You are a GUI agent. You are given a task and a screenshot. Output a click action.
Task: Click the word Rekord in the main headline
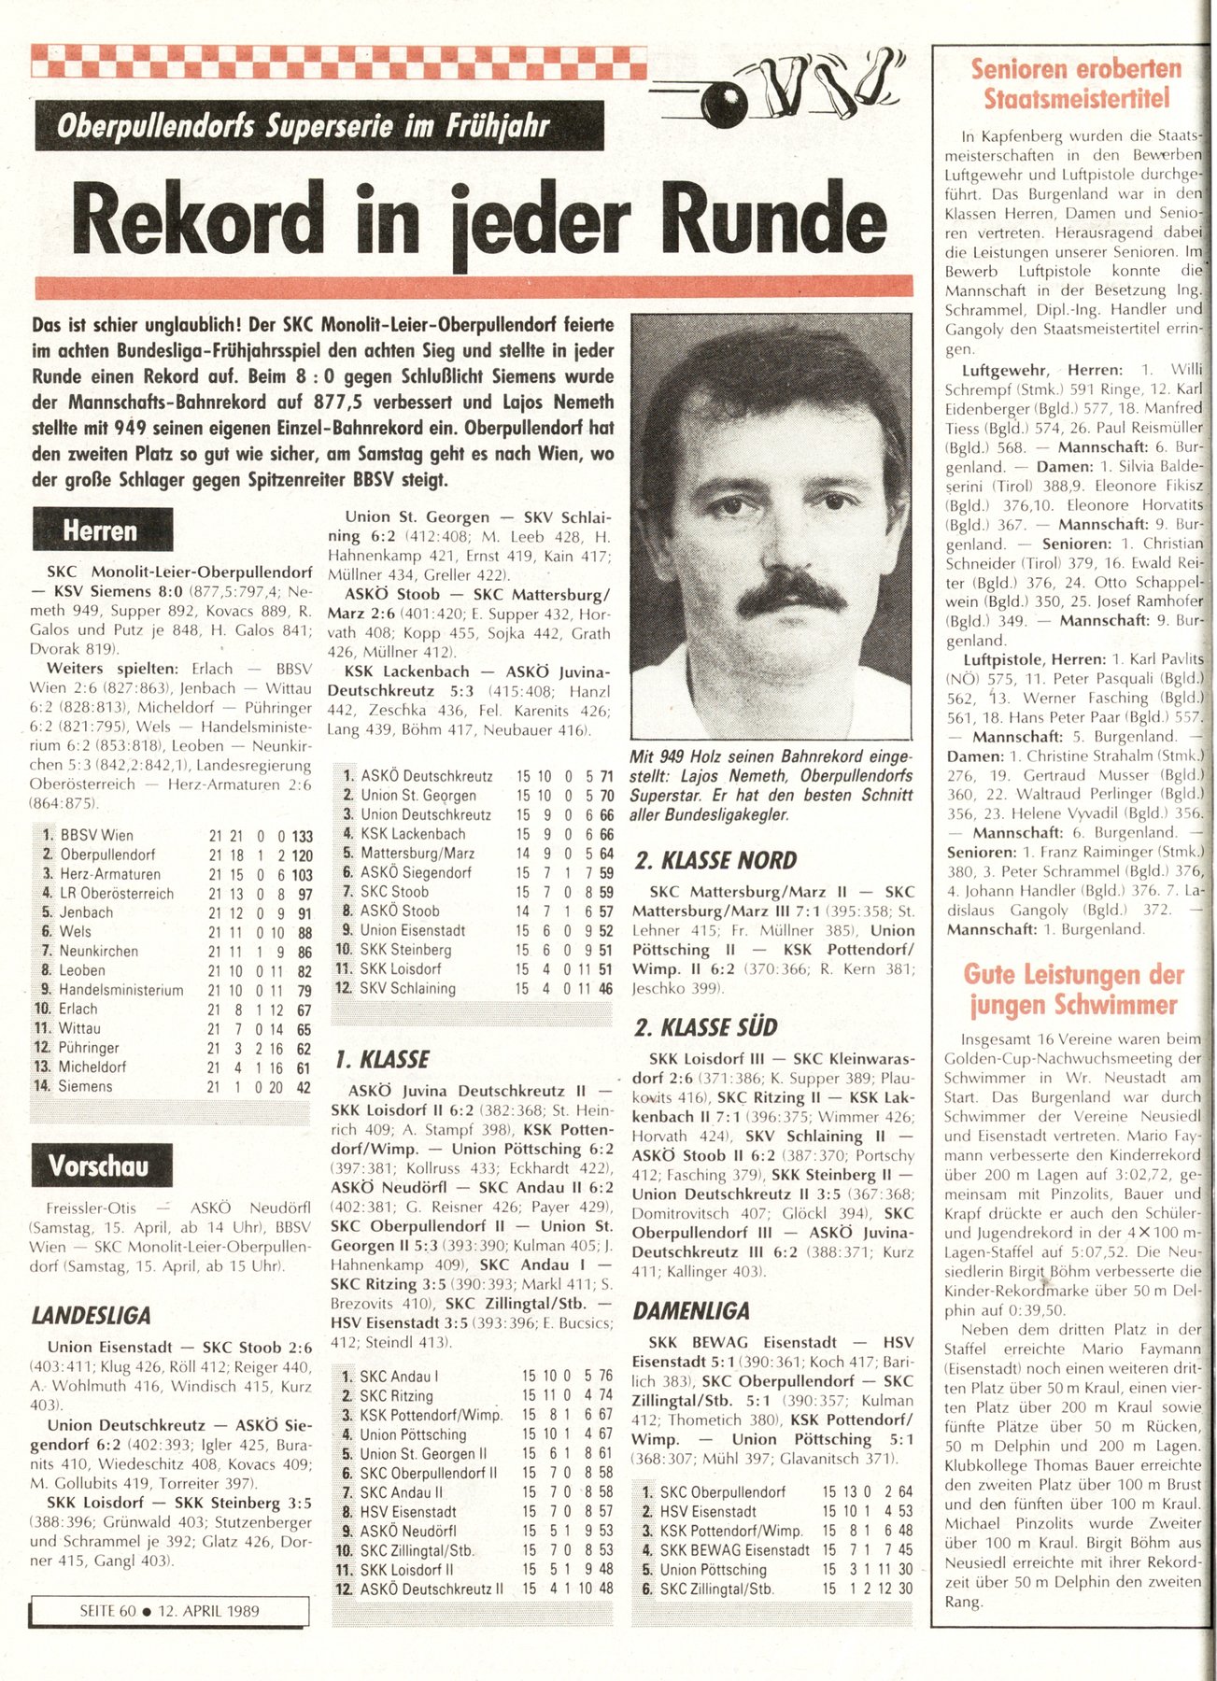point(197,220)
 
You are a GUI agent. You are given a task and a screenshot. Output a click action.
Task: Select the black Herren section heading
point(102,530)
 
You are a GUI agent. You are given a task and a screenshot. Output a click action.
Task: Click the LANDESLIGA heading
point(92,1316)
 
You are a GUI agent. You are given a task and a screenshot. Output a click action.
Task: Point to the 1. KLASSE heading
point(381,1060)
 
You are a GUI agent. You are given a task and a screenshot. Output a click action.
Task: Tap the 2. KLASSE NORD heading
point(715,860)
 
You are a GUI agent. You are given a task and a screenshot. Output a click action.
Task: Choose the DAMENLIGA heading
point(691,1310)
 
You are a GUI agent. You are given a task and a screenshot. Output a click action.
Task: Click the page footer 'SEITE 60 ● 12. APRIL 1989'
point(170,1611)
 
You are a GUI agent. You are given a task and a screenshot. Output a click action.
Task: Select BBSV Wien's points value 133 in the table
point(301,837)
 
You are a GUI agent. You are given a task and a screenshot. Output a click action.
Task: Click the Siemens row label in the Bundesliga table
point(85,1086)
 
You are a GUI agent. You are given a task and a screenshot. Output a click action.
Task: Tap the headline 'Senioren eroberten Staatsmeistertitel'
point(1075,83)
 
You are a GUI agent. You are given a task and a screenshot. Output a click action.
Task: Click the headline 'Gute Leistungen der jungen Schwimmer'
point(1073,990)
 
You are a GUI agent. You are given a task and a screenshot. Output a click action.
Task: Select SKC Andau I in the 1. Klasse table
point(399,1377)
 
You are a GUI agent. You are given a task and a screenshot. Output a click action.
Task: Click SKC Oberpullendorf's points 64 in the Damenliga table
point(904,1492)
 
